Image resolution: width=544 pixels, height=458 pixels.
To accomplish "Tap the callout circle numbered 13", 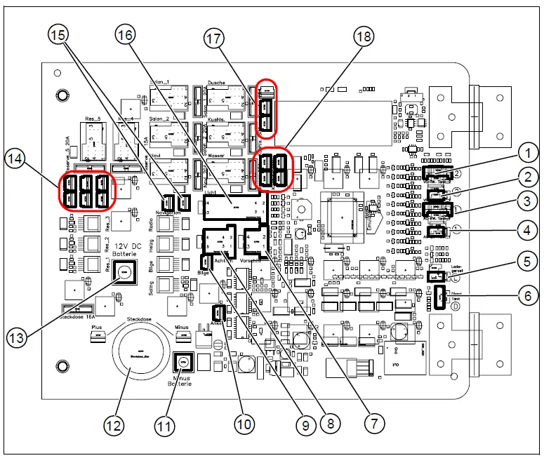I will pos(20,337).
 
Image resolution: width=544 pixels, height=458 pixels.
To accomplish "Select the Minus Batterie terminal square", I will pos(184,363).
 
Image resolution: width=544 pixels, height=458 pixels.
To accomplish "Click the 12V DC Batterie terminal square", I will pos(124,271).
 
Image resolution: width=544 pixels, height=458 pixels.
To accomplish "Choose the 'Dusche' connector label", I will pos(216,83).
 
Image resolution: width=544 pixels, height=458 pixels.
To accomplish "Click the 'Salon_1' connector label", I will pos(161,83).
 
